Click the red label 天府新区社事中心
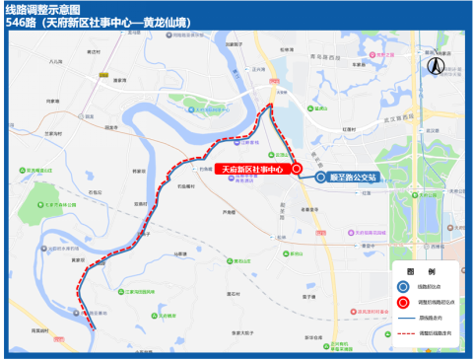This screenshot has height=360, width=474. click(251, 170)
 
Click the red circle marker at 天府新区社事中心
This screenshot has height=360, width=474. click(296, 170)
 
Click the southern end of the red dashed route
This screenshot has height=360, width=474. click(92, 326)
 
